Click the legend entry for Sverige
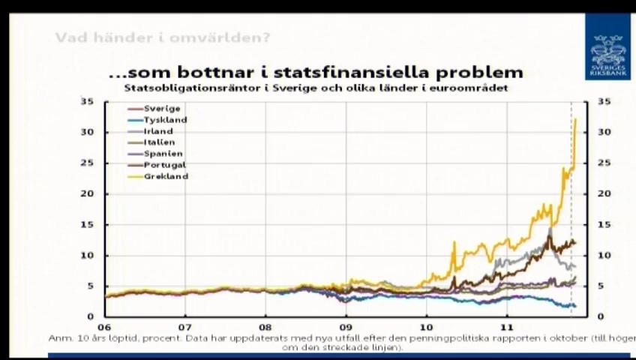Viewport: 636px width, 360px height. click(x=161, y=109)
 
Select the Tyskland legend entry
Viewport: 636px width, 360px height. click(x=165, y=120)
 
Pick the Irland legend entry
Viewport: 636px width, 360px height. click(x=157, y=131)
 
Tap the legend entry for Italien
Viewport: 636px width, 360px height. click(x=159, y=142)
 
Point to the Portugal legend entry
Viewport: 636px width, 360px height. click(x=164, y=165)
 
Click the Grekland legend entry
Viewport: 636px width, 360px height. click(x=166, y=176)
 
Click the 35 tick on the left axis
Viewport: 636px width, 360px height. click(x=88, y=101)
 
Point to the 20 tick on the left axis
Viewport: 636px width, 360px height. click(x=88, y=193)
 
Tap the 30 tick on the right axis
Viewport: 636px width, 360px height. click(x=604, y=132)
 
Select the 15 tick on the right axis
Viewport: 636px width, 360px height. click(x=604, y=224)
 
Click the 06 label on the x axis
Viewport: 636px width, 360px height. click(x=103, y=328)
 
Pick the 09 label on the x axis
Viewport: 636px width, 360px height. click(x=346, y=328)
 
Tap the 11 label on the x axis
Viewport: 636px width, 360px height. click(x=507, y=328)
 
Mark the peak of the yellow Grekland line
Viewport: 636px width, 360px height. click(x=575, y=119)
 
